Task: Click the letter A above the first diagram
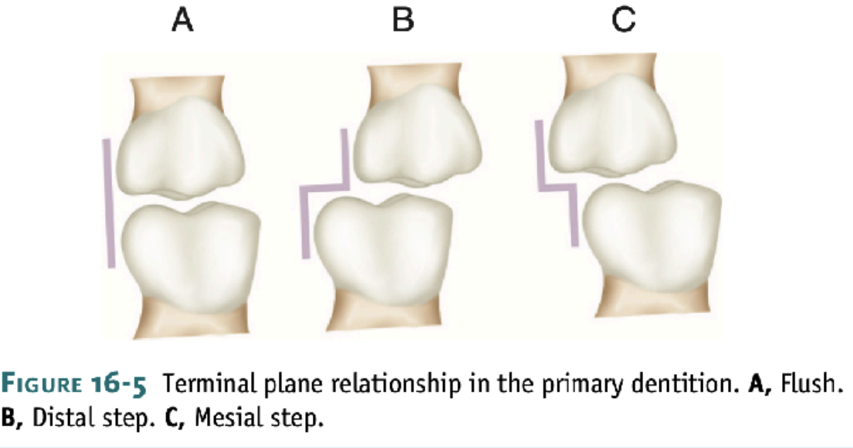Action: pos(182,22)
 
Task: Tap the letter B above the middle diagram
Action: pos(403,22)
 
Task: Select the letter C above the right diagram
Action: pos(623,22)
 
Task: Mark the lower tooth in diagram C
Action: pos(651,235)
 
